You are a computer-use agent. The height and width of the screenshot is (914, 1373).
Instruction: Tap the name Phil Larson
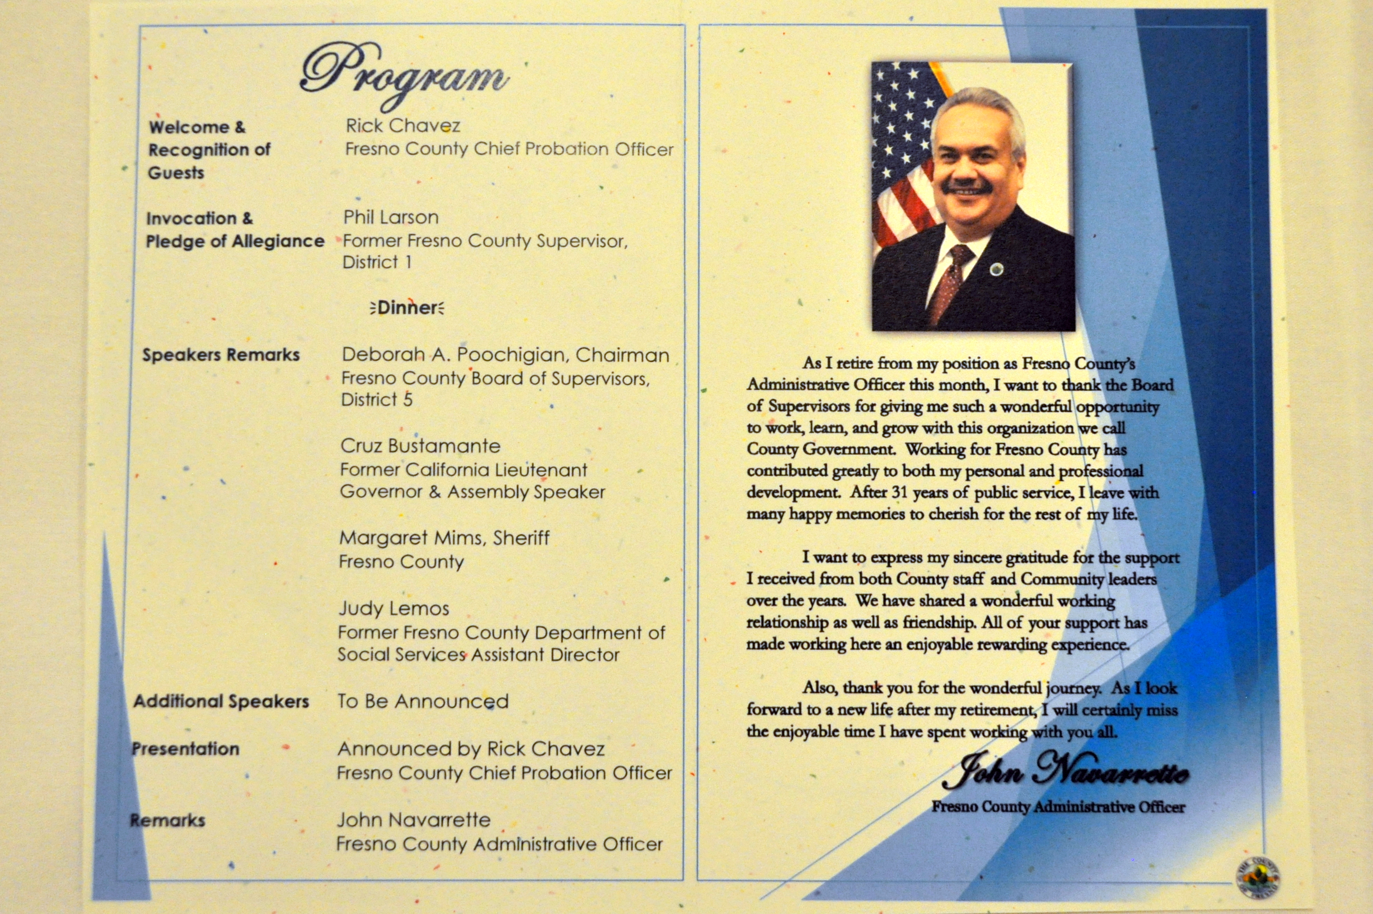(x=391, y=217)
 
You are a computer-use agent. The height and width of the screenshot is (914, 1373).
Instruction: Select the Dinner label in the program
(x=407, y=308)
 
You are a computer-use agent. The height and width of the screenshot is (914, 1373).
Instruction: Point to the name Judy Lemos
(x=394, y=609)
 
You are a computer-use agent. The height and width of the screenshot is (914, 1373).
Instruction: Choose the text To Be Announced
(x=423, y=701)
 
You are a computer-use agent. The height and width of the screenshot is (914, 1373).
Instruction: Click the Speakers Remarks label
(x=221, y=355)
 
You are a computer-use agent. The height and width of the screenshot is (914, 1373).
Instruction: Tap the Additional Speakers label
(x=221, y=701)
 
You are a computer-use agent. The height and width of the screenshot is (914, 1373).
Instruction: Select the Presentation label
(x=185, y=749)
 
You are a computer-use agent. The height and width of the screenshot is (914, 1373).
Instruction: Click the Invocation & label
(x=199, y=219)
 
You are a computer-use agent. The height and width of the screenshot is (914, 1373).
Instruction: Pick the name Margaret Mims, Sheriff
(x=444, y=538)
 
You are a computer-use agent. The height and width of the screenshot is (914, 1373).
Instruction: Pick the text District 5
(x=377, y=400)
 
